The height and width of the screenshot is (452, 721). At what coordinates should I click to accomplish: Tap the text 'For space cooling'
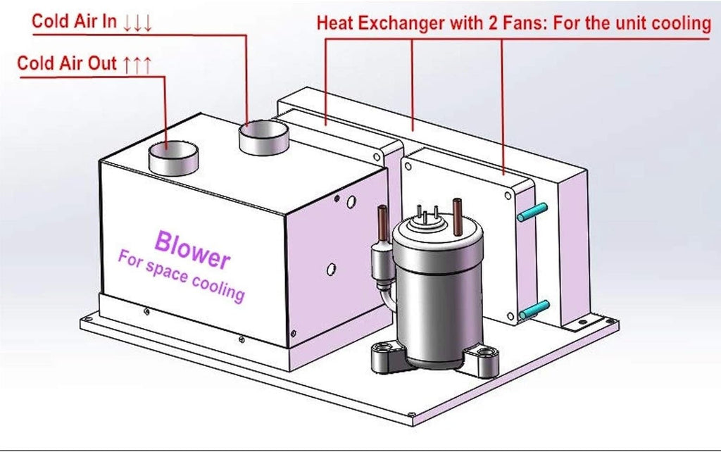pos(181,275)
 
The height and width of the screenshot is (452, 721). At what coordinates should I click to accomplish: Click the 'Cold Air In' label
pos(74,20)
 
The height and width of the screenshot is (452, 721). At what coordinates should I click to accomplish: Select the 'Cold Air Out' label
pos(67,63)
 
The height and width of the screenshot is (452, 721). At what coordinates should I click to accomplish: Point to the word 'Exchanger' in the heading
pos(401,23)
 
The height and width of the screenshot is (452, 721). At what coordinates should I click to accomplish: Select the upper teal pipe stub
pos(532,212)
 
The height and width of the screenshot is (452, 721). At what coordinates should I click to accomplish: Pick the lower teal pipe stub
pos(534,310)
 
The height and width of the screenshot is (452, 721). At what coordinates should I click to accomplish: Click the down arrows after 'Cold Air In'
pos(137,22)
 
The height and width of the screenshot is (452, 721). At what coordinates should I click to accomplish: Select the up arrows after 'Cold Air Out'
pos(137,64)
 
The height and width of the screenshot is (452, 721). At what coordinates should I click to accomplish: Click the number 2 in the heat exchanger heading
pos(493,23)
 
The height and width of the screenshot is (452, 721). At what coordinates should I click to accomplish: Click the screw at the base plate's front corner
pos(412,415)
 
